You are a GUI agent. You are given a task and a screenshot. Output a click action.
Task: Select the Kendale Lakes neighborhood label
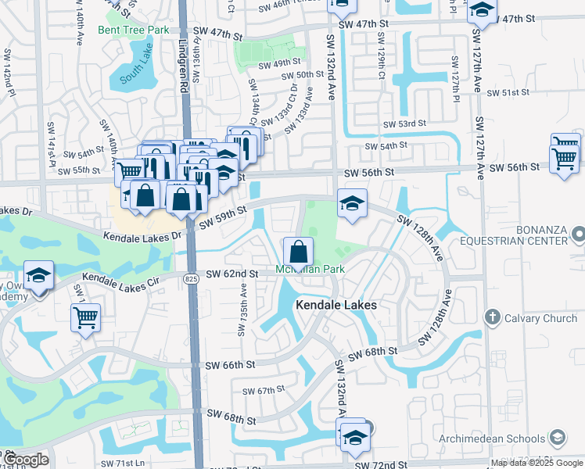pyautogui.click(x=336, y=305)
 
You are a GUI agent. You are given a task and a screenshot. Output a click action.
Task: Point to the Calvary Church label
pyautogui.click(x=540, y=318)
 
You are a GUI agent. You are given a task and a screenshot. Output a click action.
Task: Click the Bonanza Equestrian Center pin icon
pyautogui.click(x=578, y=233)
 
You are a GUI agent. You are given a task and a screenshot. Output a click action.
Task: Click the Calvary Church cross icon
pyautogui.click(x=491, y=318)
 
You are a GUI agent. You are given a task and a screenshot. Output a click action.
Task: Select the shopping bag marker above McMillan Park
pyautogui.click(x=298, y=252)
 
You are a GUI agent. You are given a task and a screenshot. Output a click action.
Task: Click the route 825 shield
pyautogui.click(x=192, y=277)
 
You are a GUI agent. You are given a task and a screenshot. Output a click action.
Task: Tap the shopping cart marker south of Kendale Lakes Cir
pyautogui.click(x=85, y=317)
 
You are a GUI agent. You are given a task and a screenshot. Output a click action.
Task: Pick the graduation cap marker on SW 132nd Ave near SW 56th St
pyautogui.click(x=352, y=205)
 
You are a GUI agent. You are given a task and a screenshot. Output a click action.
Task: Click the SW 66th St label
pyautogui.click(x=229, y=365)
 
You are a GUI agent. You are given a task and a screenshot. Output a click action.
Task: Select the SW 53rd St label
pyautogui.click(x=404, y=124)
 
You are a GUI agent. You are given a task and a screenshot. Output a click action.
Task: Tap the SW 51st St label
pyautogui.click(x=508, y=93)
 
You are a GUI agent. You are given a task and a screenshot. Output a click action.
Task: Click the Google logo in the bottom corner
pyautogui.click(x=25, y=460)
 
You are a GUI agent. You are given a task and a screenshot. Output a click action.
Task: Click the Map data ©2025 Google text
pyautogui.click(x=536, y=464)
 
